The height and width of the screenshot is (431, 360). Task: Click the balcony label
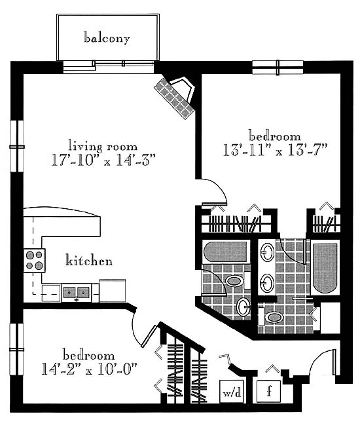point(107,38)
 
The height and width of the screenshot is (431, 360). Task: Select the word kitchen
point(89,260)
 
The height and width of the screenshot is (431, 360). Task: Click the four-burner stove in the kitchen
point(34,260)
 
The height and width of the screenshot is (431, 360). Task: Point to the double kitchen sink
point(77,292)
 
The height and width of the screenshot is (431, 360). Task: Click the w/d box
point(232,391)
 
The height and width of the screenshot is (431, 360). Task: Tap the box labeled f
point(269,391)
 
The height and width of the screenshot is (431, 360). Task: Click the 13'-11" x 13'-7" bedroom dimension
point(275,151)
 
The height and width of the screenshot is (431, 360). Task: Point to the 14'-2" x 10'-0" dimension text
point(89,369)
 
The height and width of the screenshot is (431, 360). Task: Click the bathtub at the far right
point(325,268)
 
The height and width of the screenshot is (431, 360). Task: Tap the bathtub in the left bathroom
point(226,252)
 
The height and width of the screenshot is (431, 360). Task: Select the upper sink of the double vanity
point(267,252)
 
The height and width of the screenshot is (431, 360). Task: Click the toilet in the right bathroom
point(271,317)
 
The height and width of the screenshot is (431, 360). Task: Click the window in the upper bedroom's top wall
point(278,67)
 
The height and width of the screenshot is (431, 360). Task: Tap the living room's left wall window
point(17,147)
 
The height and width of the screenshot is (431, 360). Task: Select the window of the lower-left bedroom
point(16,349)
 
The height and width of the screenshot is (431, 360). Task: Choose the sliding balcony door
point(109,67)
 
